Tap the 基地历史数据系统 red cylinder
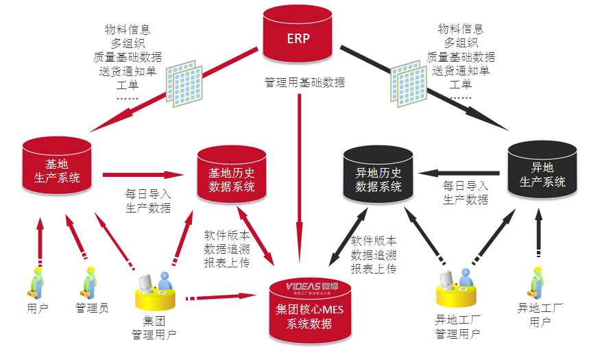click(231, 174)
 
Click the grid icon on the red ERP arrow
click(184, 85)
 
